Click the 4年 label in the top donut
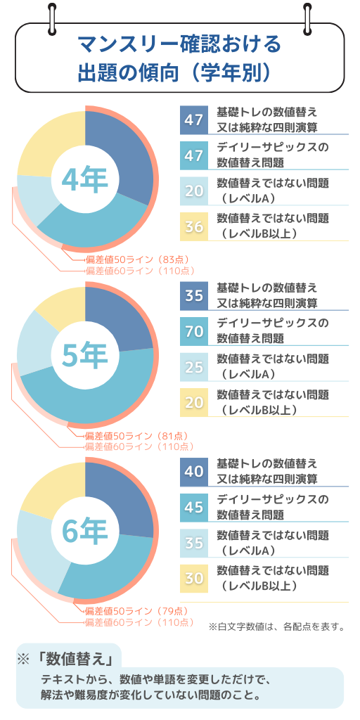84,180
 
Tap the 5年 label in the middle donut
84,356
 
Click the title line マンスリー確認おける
179,46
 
